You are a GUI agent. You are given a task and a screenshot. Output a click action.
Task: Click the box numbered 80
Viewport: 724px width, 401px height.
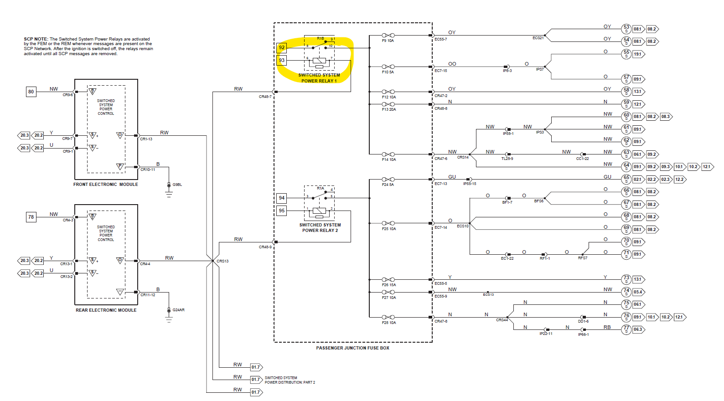[x=31, y=92]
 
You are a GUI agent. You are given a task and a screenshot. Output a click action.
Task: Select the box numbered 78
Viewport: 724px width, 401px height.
[x=31, y=217]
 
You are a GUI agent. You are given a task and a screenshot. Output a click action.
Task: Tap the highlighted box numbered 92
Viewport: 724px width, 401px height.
[x=282, y=47]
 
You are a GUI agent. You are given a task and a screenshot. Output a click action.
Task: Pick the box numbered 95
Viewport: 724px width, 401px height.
[x=282, y=211]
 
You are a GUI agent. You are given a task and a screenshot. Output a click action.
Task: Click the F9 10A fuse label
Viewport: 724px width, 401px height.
[x=388, y=41]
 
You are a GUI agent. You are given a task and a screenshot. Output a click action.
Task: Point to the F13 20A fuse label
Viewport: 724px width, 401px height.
[x=389, y=110]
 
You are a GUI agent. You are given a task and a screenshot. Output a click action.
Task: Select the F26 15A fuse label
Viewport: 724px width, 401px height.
[x=389, y=285]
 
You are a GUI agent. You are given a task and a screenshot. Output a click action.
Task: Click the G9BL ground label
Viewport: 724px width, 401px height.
[x=177, y=185]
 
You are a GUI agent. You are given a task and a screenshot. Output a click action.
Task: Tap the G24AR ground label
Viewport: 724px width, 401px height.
[x=178, y=310]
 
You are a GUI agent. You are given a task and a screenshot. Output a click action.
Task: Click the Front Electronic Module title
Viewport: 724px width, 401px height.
[x=106, y=185]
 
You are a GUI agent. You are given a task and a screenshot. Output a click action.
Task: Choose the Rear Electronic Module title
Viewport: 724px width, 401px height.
[x=106, y=310]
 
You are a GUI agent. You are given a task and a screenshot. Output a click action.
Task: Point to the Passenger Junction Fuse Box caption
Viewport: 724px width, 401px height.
[x=353, y=348]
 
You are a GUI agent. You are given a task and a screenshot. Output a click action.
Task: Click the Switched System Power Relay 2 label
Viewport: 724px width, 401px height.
[x=320, y=228]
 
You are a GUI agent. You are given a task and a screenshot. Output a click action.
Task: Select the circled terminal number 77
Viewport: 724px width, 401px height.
[x=626, y=329]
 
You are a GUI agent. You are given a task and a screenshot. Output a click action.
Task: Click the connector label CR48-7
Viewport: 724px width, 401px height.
[x=265, y=97]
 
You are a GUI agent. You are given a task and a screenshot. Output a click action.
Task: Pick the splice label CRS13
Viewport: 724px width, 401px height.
[x=222, y=262]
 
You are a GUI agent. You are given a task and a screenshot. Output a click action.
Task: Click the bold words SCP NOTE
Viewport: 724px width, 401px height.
[x=36, y=39]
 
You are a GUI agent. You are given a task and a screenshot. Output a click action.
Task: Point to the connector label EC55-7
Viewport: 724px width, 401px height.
[x=441, y=40]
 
